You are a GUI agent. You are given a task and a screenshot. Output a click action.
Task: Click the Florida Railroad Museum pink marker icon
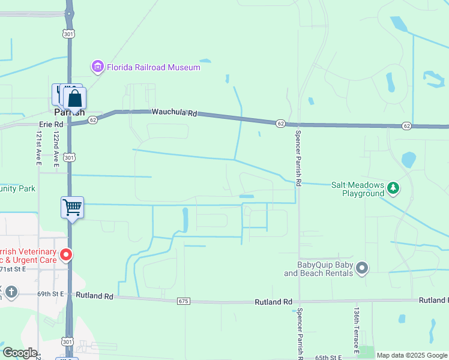point(97,67)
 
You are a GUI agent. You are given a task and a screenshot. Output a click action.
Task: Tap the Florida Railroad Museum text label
point(153,67)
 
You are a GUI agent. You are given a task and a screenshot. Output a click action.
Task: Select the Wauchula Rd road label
point(174,112)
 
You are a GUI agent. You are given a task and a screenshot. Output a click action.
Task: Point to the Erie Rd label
point(50,124)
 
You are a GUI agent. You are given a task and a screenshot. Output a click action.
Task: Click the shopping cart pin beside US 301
point(72,208)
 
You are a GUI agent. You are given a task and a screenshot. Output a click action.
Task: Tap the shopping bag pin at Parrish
point(75,98)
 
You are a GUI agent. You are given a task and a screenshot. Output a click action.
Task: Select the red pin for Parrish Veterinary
point(66,255)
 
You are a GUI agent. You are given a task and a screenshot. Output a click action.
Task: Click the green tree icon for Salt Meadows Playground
point(393,188)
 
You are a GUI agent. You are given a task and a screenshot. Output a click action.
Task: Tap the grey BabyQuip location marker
point(361,268)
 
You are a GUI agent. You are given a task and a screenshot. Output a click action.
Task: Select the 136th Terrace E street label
point(357,330)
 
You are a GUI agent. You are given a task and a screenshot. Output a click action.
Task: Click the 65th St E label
point(328,357)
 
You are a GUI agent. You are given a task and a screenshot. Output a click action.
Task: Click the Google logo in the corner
point(20,353)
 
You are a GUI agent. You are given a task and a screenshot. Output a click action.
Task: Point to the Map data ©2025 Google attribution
point(412,355)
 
